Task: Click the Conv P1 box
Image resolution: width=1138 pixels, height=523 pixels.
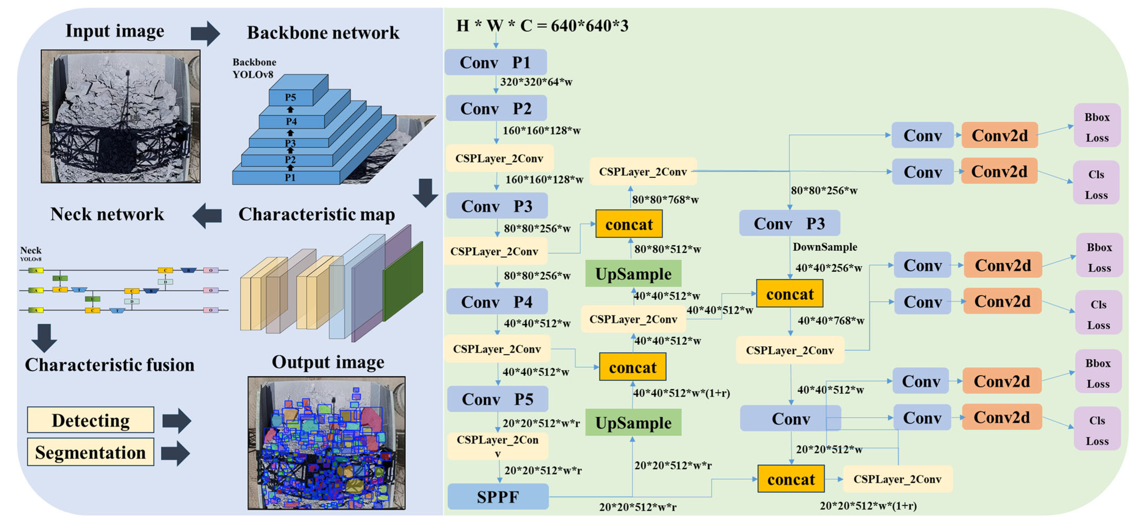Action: [x=495, y=62]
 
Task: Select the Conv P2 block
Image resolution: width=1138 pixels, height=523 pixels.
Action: [x=496, y=108]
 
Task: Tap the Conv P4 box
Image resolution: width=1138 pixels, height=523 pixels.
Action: [x=496, y=302]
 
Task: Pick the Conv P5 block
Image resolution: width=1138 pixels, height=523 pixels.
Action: [x=498, y=399]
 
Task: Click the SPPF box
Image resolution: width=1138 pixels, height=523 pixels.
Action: [x=498, y=497]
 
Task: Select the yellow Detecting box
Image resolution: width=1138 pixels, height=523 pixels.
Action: [x=90, y=420]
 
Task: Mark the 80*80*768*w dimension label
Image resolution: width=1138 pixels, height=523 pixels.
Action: [x=665, y=200]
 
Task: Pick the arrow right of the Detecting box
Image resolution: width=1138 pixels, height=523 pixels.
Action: [x=177, y=420]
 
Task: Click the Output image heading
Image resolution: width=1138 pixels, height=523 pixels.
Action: [x=328, y=362]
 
